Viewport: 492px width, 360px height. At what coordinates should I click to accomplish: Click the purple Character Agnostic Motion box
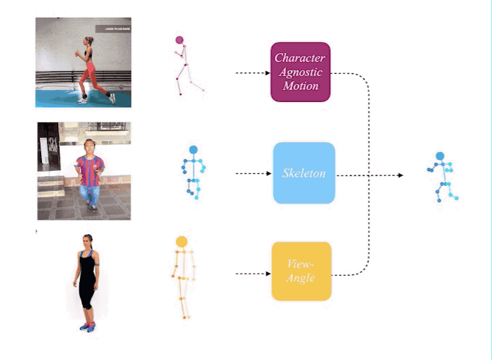300,72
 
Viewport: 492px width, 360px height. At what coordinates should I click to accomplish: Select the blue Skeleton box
304,173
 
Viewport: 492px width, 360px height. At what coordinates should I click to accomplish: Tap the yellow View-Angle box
301,271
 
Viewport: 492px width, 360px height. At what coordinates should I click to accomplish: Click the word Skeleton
304,173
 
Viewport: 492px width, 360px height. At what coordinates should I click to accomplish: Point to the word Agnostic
300,72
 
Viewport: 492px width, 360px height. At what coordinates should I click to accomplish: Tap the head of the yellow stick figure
182,241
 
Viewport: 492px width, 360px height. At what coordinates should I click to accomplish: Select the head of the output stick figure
440,156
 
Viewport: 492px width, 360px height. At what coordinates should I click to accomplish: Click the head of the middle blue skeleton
193,150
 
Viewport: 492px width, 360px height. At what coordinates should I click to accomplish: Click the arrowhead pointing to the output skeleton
401,176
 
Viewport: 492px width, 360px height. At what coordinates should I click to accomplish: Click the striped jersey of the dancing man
89,168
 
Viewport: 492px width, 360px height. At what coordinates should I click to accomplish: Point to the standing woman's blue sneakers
87,326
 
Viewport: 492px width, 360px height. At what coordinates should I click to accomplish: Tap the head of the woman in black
87,240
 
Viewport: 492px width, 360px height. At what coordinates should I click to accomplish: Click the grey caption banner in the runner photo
112,29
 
